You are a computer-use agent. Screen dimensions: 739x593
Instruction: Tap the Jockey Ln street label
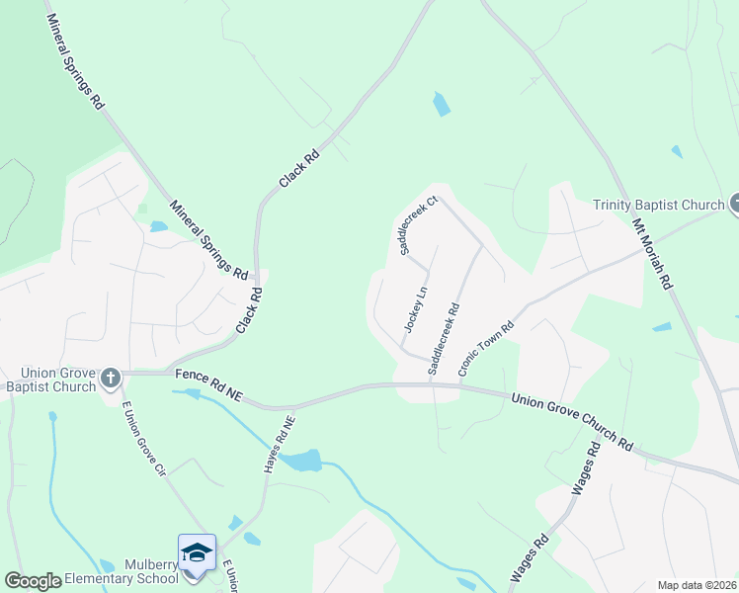pyautogui.click(x=416, y=309)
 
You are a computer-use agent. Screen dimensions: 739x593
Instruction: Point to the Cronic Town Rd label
pyautogui.click(x=486, y=349)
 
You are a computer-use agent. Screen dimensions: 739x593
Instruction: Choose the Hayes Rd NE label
pyautogui.click(x=279, y=443)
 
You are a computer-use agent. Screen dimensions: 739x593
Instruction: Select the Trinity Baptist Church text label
pyautogui.click(x=659, y=206)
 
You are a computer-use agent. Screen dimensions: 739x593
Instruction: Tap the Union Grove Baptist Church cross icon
pyautogui.click(x=111, y=378)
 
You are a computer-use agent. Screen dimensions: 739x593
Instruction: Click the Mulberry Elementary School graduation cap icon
pyautogui.click(x=197, y=552)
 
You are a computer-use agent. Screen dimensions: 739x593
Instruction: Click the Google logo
pyautogui.click(x=33, y=581)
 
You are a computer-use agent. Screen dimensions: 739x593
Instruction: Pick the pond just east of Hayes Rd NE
pyautogui.click(x=301, y=460)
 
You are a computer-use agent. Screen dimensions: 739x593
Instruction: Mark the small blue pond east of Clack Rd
pyautogui.click(x=442, y=104)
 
